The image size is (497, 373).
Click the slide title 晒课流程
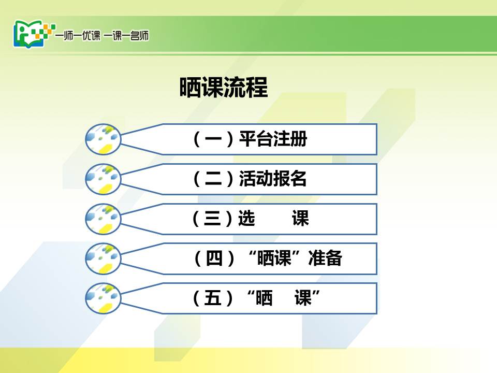point(224,87)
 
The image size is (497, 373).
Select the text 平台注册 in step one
point(273,139)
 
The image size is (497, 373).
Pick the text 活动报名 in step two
point(273,179)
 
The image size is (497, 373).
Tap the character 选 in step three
point(246,218)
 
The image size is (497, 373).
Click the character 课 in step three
point(300,218)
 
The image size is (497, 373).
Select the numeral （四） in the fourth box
point(214,258)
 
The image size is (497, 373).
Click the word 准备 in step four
point(325,258)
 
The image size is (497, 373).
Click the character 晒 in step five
point(264,298)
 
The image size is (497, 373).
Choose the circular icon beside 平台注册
point(103,139)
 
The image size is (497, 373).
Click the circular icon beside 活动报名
point(103,179)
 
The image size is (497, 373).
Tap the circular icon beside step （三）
point(103,219)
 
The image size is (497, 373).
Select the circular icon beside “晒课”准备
point(103,259)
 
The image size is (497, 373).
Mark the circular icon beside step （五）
point(103,298)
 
